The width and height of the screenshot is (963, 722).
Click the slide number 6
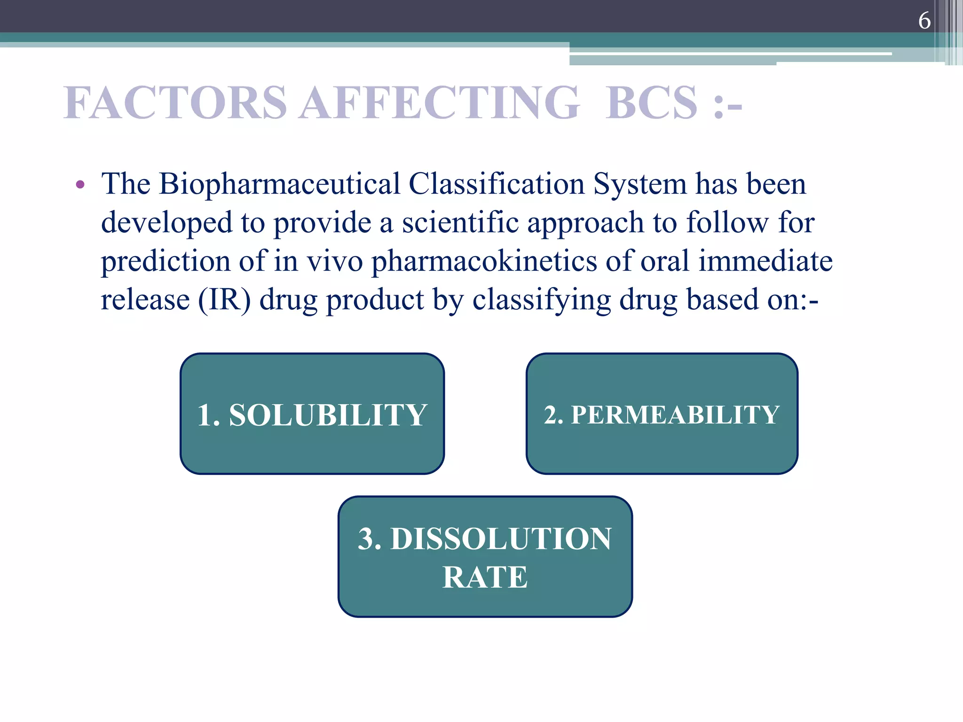point(924,21)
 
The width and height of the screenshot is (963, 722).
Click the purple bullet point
point(80,185)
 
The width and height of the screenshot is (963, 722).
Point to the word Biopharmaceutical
point(279,184)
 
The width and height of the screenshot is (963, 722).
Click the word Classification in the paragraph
point(497,184)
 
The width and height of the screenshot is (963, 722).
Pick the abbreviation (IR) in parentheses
point(224,299)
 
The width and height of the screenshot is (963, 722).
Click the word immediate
point(765,261)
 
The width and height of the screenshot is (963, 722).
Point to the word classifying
point(541,299)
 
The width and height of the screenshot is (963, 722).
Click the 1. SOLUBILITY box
point(312,414)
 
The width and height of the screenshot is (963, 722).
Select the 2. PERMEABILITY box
point(662,414)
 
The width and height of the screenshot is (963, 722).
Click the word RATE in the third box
point(485,577)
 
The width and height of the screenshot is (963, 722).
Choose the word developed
point(166,222)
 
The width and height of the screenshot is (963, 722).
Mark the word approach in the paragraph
point(585,222)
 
